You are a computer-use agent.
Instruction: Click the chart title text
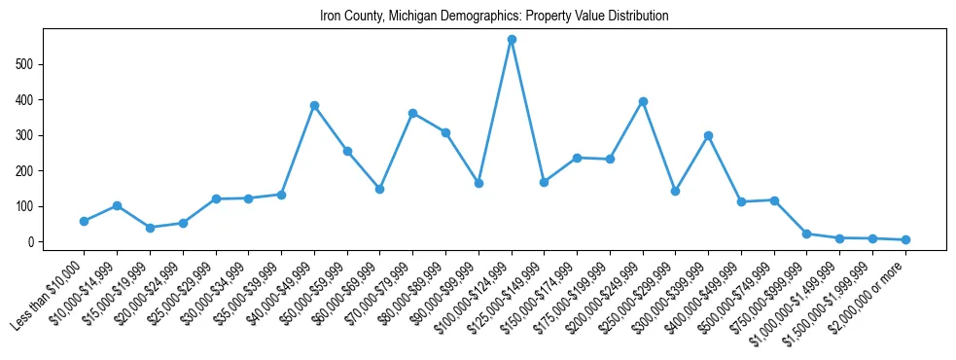pos(494,17)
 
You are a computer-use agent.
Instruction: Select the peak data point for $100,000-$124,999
pos(512,40)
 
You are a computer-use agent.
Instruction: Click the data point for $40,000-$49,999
pos(314,105)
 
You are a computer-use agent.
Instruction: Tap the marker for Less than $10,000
pos(84,221)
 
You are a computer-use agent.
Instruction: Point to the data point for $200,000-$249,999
pos(643,101)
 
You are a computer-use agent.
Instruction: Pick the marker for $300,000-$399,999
pos(708,135)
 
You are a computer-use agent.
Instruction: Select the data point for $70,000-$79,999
pos(412,113)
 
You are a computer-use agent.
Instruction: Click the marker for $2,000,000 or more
pos(905,239)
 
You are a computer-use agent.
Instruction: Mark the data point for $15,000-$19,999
pos(150,228)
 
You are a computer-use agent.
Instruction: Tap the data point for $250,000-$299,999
pos(675,191)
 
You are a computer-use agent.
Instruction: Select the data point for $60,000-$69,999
pos(379,189)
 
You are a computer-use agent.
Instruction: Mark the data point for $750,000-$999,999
pos(807,234)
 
